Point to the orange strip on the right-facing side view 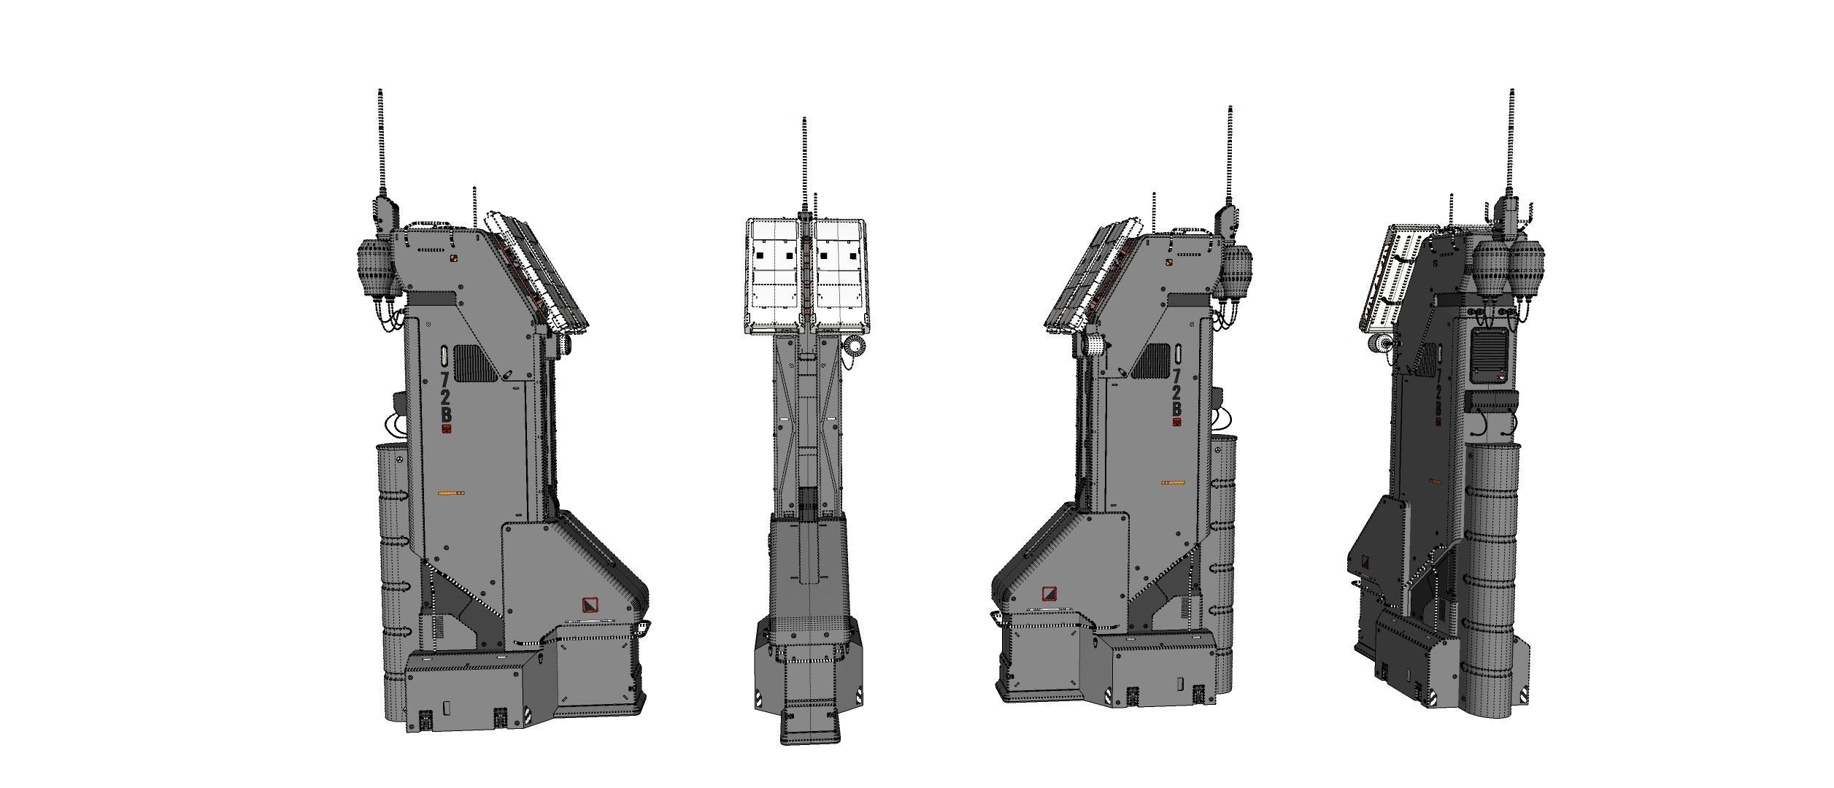451,494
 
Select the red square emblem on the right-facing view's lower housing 590,604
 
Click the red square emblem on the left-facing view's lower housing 1049,594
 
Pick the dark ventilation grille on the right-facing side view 475,363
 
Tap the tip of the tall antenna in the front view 804,119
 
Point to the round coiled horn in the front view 855,346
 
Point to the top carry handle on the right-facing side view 430,223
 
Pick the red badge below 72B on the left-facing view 1176,422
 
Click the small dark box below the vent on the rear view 1492,401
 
